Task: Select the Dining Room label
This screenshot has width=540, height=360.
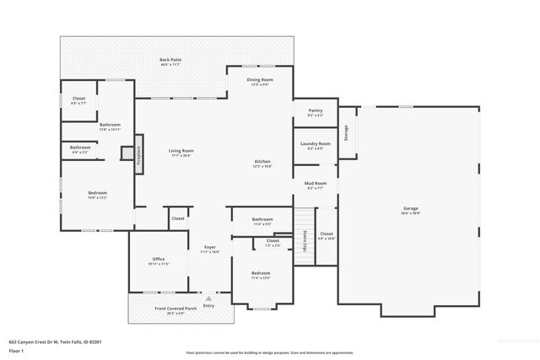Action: point(260,82)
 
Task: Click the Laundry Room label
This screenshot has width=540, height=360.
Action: point(315,145)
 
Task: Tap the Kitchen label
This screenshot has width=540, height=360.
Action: point(262,164)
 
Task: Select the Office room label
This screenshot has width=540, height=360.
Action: point(158,261)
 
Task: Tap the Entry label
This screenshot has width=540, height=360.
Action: point(208,305)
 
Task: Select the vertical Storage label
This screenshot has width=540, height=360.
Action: point(345,133)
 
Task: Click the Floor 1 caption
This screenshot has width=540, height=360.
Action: point(16,349)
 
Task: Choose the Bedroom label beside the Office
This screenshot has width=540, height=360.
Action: point(261,275)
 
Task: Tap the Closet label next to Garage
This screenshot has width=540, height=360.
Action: point(327,236)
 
